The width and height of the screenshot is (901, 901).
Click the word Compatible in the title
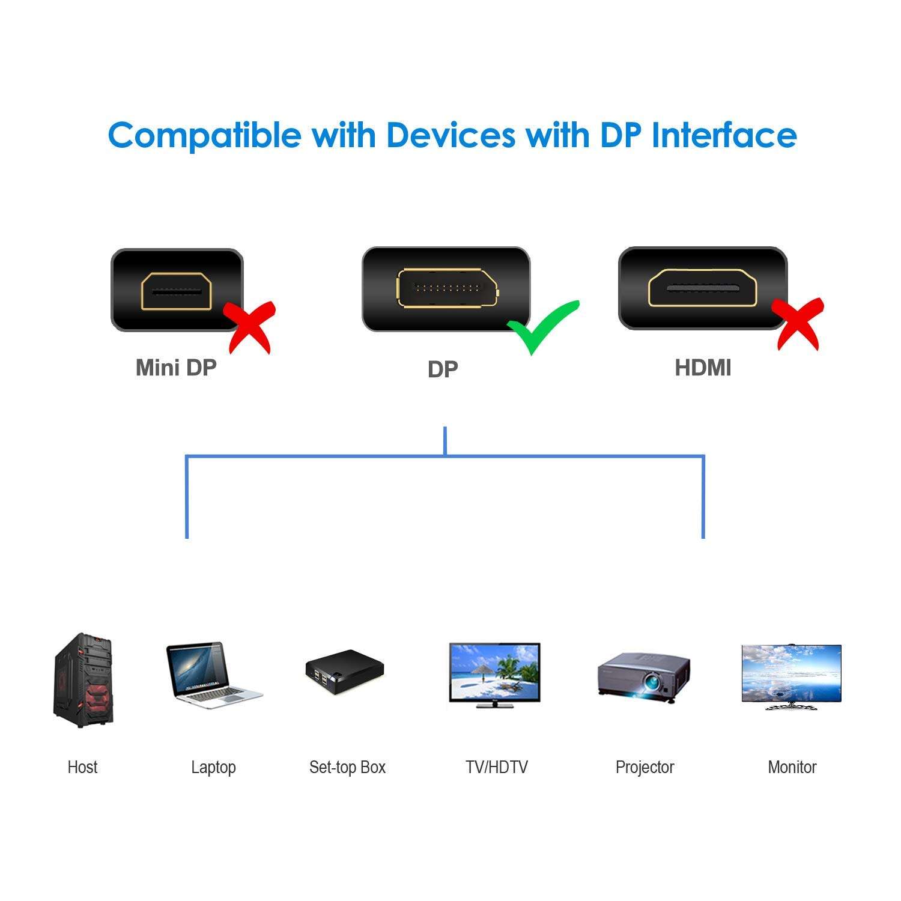204,135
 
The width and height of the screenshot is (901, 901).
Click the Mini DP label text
176,368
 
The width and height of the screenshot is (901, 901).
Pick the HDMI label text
703,368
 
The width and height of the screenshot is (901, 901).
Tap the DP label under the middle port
443,369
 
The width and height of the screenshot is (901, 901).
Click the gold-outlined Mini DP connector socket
177,291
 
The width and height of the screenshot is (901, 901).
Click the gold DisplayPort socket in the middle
447,288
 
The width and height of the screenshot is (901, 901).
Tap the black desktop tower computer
83,679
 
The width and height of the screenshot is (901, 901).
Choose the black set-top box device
344,670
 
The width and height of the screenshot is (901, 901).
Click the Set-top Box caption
347,767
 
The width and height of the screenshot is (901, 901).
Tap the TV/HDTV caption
496,767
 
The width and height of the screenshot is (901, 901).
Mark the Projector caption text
645,767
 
